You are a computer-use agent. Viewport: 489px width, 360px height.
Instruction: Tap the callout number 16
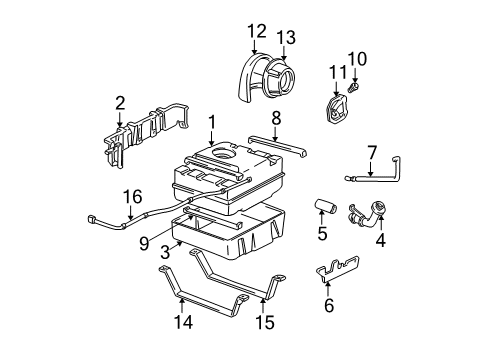point(127,197)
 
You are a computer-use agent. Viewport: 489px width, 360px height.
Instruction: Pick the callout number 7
point(370,152)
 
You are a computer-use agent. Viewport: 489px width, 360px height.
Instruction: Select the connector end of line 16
point(92,219)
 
